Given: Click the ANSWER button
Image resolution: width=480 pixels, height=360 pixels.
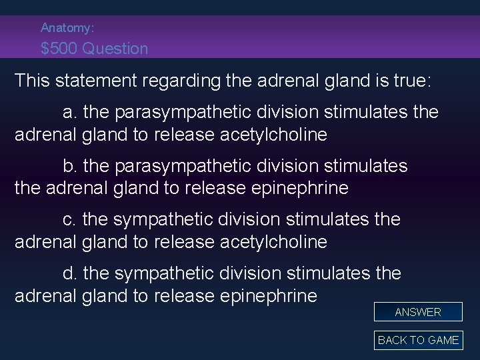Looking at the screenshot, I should pos(418,312).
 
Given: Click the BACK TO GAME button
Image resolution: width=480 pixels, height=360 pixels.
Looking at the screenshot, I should pos(418,340).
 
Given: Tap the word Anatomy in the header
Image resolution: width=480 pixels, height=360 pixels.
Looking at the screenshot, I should pos(65,28).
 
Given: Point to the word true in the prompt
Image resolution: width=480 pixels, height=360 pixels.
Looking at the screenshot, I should pos(412,81).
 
